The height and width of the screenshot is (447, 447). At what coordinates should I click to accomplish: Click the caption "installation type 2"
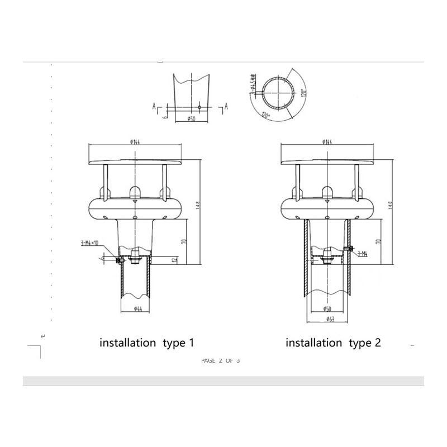tap(333, 343)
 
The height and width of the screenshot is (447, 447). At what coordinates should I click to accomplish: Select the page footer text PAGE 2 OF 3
tap(220, 360)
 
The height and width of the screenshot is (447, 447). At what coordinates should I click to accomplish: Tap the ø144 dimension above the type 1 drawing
tap(135, 141)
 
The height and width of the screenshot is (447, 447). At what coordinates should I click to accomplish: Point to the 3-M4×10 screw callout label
tap(89, 242)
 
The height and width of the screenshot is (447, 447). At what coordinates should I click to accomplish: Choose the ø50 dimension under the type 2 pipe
tap(328, 309)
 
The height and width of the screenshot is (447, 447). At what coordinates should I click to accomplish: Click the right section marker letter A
tap(226, 105)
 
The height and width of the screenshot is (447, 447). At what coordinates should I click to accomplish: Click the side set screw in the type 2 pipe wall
tap(349, 249)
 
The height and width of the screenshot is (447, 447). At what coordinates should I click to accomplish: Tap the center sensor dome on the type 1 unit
tap(135, 192)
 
